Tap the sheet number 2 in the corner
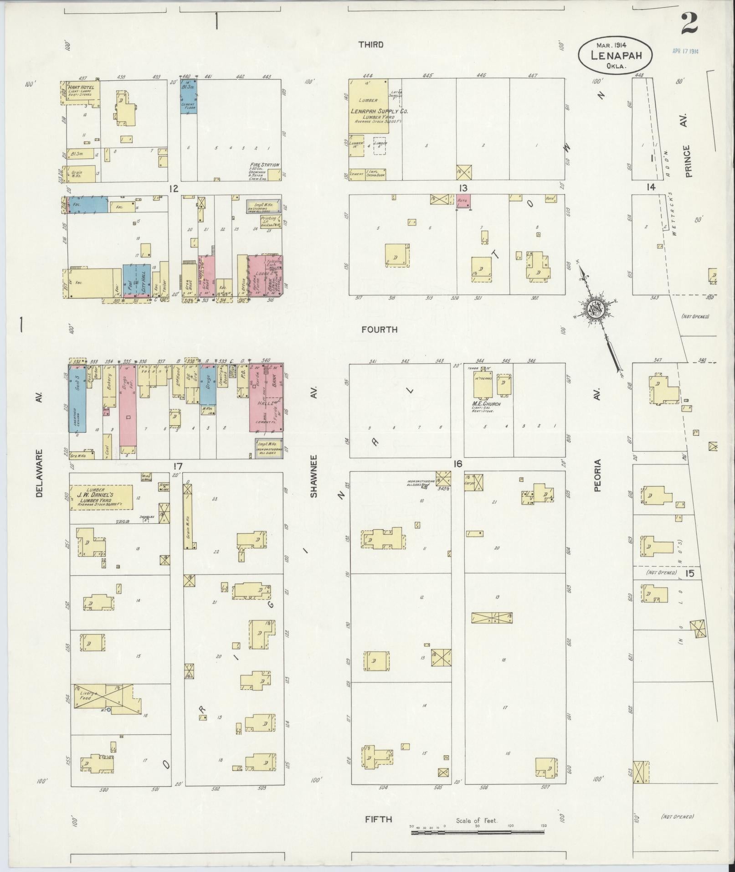coord(689,24)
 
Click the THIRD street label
coord(370,45)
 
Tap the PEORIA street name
coord(597,475)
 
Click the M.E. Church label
coord(486,404)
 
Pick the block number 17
coord(177,466)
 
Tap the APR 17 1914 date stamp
coord(685,51)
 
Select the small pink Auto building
coord(463,201)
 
